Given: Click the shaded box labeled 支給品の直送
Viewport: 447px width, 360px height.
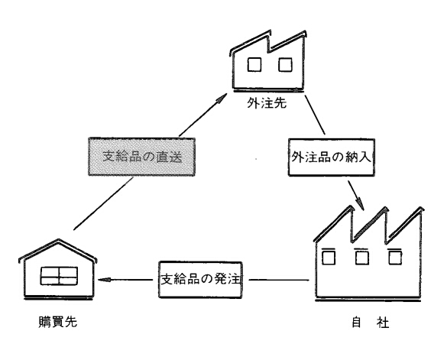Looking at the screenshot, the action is (141, 157).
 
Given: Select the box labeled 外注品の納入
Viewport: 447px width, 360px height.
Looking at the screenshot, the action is (332, 157).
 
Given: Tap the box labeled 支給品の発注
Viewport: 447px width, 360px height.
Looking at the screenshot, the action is (200, 280).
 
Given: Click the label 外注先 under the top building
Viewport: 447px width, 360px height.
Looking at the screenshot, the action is (267, 103).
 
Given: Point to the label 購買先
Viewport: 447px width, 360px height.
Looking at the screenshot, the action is (58, 322).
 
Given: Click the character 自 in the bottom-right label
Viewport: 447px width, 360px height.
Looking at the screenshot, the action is (356, 323).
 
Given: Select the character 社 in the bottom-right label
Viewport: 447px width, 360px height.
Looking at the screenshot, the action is (382, 323).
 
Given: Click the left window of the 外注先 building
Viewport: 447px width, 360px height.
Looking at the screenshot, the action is (254, 64).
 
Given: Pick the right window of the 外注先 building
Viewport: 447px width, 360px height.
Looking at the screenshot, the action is (285, 64).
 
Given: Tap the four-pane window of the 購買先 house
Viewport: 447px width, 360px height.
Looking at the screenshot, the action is (59, 276).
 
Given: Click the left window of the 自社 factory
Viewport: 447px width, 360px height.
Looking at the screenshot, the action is (329, 257).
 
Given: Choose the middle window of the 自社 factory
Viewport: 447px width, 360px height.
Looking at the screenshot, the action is (361, 257).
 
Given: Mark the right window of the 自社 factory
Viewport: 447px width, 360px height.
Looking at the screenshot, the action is (395, 257).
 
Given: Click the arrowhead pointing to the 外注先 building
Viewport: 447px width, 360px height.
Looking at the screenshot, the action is (222, 98).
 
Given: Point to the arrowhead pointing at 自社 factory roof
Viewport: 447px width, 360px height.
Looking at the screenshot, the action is (361, 203).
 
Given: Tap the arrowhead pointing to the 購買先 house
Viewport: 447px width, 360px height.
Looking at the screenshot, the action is (104, 280).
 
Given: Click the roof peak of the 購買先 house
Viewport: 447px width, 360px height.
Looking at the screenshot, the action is (59, 240).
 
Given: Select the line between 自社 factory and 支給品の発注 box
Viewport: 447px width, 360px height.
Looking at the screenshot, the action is (279, 280).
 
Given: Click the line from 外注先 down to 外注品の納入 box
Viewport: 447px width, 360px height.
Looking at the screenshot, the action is (315, 115).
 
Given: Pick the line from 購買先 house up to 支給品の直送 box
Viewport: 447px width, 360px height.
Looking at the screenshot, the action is (103, 203).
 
